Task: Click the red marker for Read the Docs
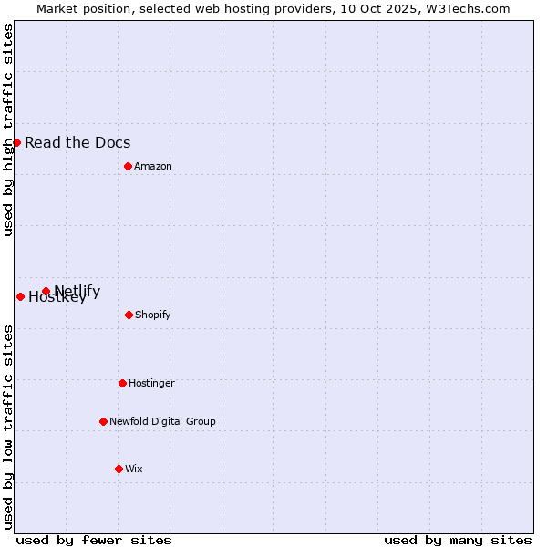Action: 16,142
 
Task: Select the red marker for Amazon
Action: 128,166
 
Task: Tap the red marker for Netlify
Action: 46,291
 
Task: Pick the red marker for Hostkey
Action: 20,296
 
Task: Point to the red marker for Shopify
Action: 129,315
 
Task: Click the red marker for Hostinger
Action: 122,383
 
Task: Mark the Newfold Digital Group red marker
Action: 103,421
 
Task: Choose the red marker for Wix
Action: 119,469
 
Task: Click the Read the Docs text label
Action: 77,142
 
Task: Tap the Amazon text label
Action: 153,166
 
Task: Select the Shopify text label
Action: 153,315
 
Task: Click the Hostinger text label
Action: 151,383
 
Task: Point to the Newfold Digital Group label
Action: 162,421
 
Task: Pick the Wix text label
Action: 134,469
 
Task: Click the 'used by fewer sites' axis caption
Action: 94,540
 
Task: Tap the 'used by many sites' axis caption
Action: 458,540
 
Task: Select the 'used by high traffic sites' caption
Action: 8,129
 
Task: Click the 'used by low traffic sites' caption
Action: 8,427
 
